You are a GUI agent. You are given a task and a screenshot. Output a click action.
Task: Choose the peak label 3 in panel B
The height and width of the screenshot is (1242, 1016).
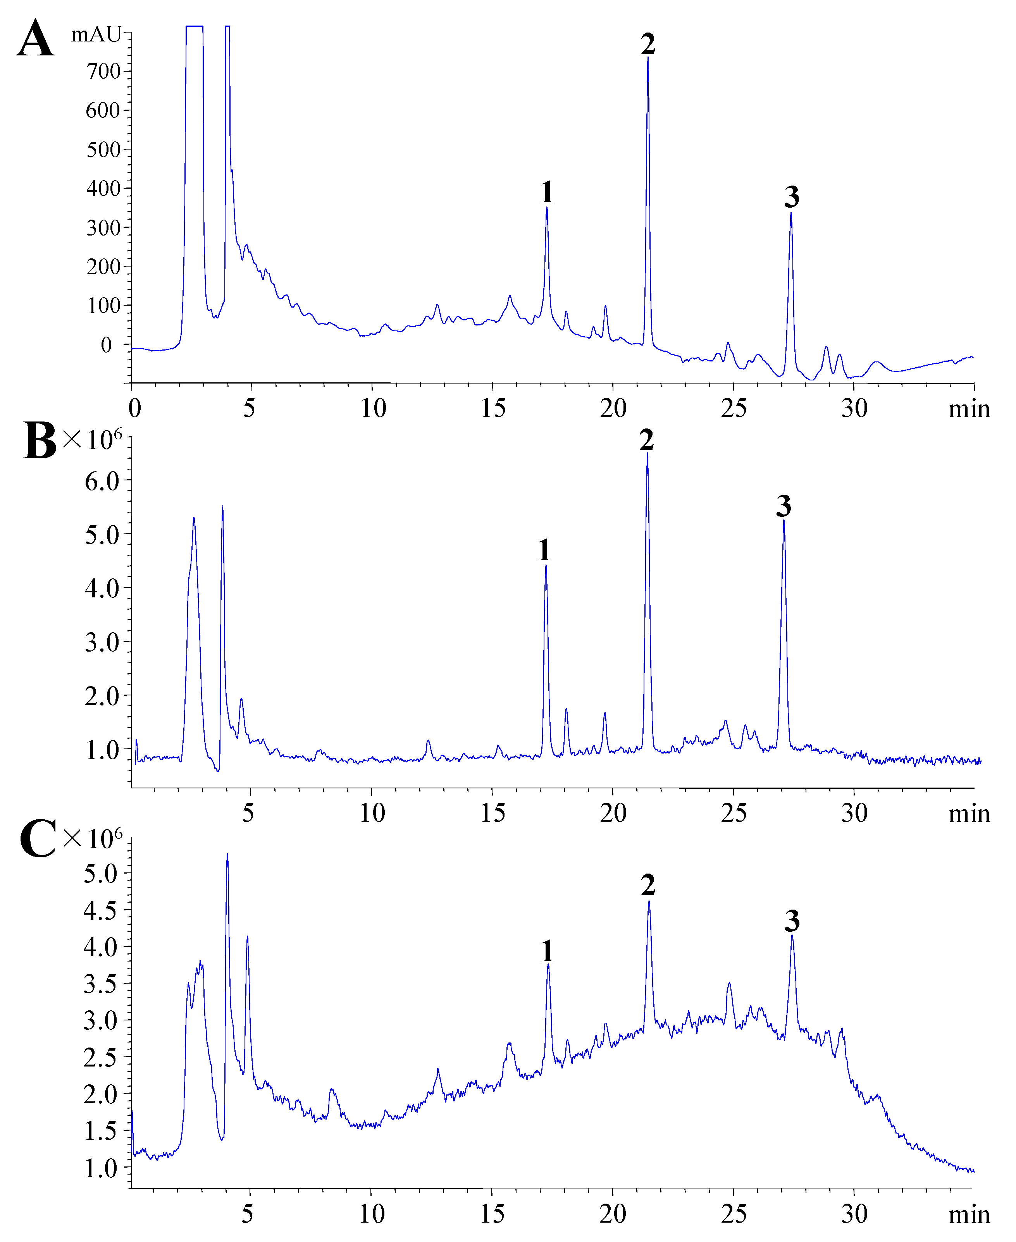(784, 506)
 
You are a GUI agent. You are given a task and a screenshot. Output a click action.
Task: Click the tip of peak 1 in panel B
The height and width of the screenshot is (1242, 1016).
(546, 565)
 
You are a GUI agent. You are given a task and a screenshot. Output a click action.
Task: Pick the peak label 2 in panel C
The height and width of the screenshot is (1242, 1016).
(648, 885)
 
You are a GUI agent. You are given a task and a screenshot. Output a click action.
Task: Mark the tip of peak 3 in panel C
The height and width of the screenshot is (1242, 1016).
(792, 936)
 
